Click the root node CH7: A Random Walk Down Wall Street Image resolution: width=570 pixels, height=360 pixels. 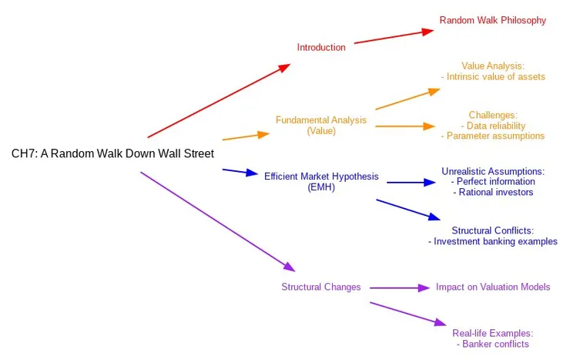pos(112,153)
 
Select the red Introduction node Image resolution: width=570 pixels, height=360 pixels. pos(321,47)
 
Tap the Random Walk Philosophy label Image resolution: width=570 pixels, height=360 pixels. pos(492,20)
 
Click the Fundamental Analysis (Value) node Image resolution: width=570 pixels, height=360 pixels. pos(321,125)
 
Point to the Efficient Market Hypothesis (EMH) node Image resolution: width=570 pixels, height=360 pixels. pos(321,181)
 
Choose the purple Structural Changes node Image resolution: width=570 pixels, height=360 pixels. pos(320,287)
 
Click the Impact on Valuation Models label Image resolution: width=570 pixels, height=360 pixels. pos(493,287)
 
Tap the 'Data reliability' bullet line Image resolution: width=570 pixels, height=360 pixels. pos(493,125)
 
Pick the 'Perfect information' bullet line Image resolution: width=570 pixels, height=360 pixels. pos(493,181)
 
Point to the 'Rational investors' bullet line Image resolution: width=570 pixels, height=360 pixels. pos(493,192)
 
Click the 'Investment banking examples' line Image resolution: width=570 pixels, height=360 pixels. pos(493,241)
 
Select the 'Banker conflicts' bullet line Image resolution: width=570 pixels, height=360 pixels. pos(493,344)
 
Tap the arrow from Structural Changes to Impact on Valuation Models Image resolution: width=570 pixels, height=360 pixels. pos(399,288)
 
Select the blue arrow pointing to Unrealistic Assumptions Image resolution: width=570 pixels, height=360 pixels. pos(411,183)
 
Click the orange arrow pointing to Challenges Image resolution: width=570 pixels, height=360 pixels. pos(405,126)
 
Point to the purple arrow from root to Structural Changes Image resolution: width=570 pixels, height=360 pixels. pos(217,221)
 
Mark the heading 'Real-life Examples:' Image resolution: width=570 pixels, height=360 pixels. pos(493,333)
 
